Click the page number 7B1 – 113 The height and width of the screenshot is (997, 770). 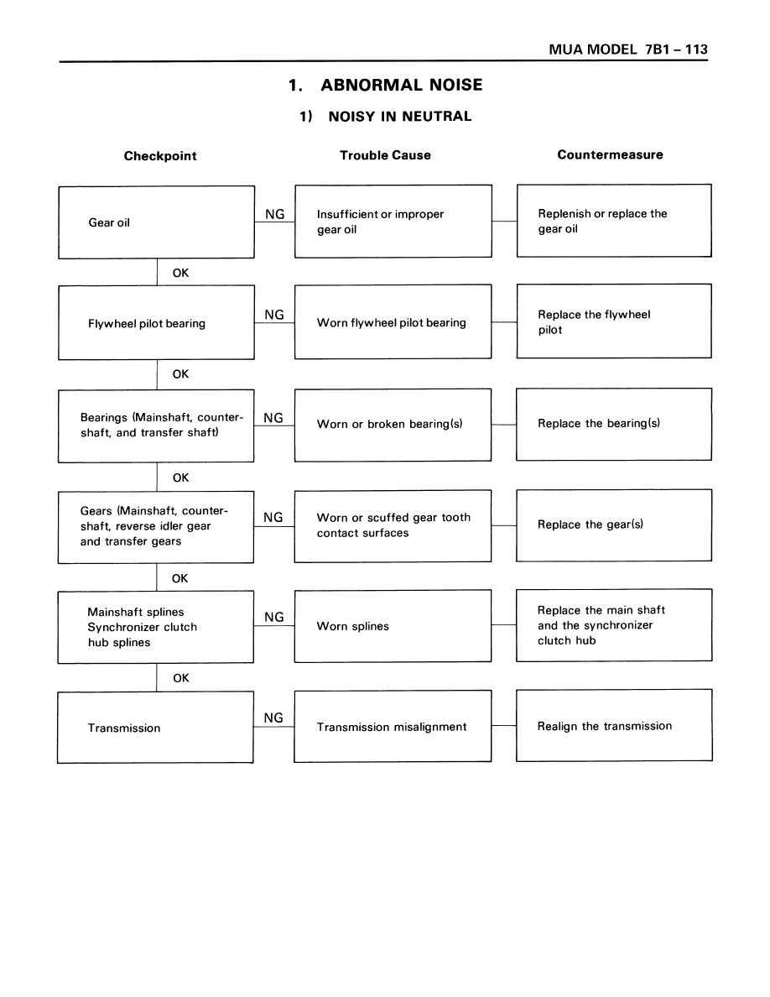click(676, 50)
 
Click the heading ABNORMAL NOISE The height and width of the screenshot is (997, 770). click(402, 86)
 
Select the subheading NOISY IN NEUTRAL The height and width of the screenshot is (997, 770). click(399, 117)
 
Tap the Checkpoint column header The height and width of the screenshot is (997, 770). click(160, 156)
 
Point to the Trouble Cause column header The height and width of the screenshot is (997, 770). click(385, 155)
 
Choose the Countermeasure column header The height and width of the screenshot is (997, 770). click(610, 154)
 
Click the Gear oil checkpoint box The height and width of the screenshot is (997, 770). click(156, 222)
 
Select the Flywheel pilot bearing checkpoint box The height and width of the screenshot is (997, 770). click(156, 322)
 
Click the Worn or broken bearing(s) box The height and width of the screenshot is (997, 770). click(393, 425)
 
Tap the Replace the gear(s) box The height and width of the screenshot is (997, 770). click(614, 525)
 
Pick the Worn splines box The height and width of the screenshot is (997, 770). click(393, 626)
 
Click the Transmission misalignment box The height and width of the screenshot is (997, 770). click(393, 726)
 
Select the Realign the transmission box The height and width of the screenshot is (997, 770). click(614, 725)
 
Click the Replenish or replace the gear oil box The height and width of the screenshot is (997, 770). click(614, 221)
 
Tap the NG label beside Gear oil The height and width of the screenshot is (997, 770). click(275, 214)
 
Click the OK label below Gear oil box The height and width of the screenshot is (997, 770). click(180, 273)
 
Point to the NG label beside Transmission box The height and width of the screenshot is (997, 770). click(273, 718)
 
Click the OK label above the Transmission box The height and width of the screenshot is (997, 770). click(181, 678)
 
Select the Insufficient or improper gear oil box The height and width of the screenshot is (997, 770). click(393, 222)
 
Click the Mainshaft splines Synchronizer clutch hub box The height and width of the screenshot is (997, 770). click(156, 628)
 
